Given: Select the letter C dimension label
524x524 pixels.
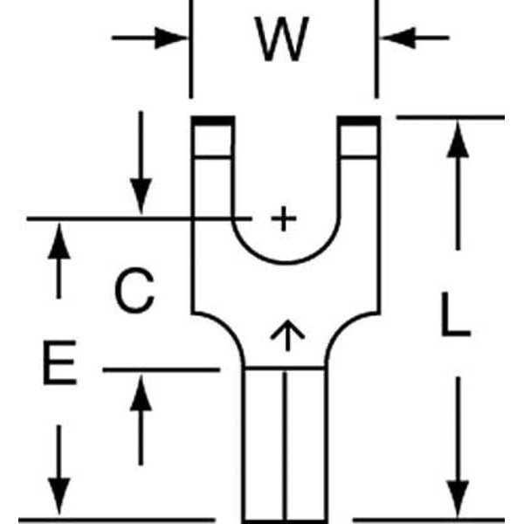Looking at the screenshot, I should tap(134, 292).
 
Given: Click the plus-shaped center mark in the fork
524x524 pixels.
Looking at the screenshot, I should tap(281, 217).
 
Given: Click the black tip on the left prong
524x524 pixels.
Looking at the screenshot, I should tap(212, 121).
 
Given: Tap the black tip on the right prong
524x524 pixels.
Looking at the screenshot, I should tap(359, 121).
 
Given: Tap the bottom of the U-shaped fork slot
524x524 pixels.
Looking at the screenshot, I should tap(284, 261).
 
